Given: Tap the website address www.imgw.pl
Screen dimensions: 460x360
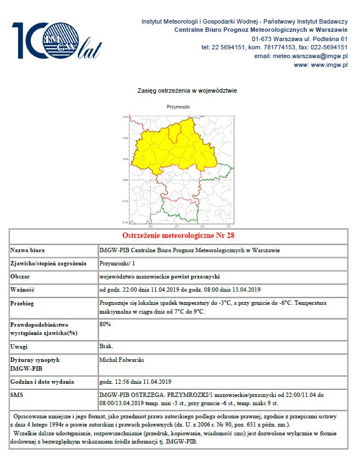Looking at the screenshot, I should click(x=321, y=65).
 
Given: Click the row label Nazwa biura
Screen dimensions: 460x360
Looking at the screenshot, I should click(x=27, y=251).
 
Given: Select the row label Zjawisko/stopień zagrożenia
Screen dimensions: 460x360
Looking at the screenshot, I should click(x=49, y=264).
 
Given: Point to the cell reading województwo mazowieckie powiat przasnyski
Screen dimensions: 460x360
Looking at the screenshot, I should click(x=165, y=276).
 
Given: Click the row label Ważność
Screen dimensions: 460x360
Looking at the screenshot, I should click(x=23, y=289).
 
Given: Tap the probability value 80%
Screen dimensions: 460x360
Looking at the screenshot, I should click(x=105, y=324).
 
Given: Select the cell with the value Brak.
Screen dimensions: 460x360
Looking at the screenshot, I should click(x=106, y=347).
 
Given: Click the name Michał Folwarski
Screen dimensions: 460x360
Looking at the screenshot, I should click(x=122, y=360).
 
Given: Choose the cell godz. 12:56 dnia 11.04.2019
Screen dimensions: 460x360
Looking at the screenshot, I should click(x=136, y=382).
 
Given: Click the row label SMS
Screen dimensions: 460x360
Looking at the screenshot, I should click(x=17, y=395).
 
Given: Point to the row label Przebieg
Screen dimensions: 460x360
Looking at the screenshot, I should click(x=24, y=303).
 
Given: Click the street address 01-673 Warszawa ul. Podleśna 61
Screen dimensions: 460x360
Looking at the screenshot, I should click(x=300, y=39).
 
